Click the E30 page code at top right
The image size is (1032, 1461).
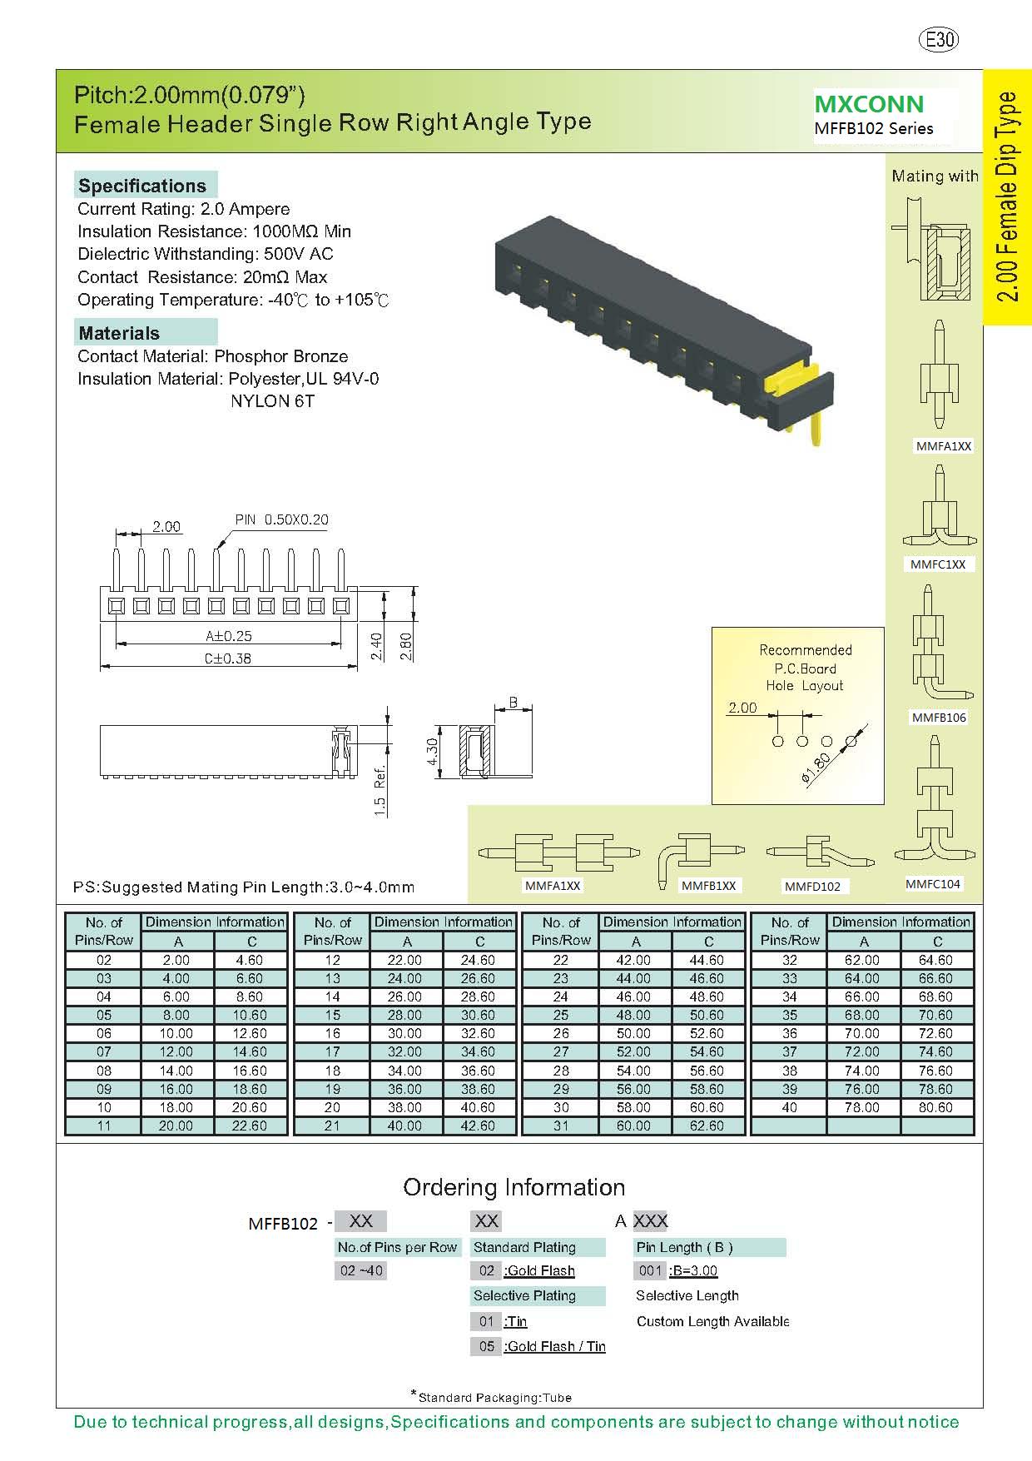[938, 39]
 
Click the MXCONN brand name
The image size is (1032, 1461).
[868, 104]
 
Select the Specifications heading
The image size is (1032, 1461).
[142, 186]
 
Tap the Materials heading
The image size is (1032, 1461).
[119, 333]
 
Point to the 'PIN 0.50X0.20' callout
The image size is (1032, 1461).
[281, 519]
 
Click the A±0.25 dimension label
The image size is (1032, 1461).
[228, 636]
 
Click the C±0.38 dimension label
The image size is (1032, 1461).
[228, 658]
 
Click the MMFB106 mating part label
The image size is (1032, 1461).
[939, 718]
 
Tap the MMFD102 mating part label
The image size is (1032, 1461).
[812, 887]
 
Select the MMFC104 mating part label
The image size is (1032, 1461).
[933, 884]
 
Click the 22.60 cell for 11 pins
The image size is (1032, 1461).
[250, 1126]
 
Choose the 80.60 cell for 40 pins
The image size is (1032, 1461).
[935, 1107]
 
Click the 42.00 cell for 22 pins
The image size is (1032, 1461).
[633, 960]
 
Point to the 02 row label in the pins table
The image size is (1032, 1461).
[103, 960]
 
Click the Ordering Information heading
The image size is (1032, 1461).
[514, 1187]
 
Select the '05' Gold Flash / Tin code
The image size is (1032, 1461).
[487, 1346]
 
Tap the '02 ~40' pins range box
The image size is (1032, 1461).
[361, 1270]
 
